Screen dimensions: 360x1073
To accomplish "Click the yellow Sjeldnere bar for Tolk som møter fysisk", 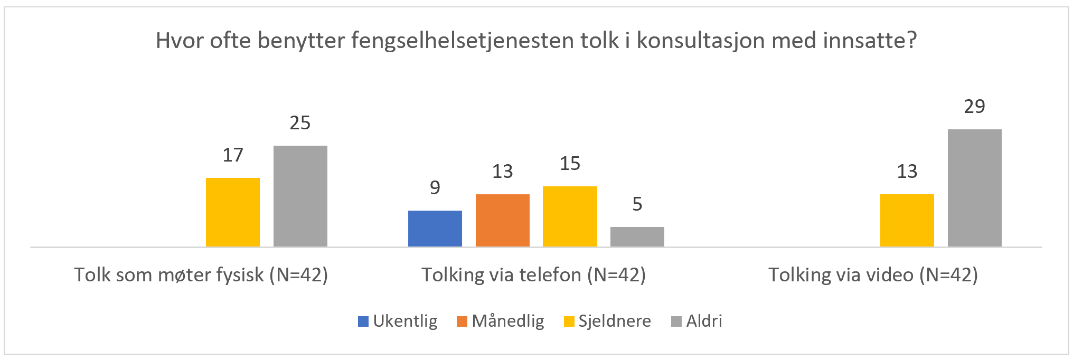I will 233,212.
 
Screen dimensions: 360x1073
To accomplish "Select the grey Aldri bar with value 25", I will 300,196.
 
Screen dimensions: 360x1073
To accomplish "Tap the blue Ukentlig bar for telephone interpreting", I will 435,229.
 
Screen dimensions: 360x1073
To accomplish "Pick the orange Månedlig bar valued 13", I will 502,220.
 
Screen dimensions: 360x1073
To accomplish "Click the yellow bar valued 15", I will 570,216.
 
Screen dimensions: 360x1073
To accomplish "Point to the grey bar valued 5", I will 637,236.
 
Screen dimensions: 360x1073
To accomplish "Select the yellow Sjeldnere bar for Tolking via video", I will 907,220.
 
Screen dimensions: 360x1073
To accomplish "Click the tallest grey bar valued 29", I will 974,188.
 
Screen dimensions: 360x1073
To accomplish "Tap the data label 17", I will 233,155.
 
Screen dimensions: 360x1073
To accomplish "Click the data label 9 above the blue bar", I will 435,188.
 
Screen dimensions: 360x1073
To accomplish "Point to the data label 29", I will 974,107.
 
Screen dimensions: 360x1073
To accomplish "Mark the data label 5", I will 637,204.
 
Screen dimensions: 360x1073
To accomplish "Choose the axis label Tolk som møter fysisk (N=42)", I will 201,275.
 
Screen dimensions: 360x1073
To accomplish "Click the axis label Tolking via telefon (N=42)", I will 533,275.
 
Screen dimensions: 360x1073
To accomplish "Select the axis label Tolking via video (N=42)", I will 873,275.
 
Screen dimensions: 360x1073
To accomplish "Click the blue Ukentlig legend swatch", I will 363,321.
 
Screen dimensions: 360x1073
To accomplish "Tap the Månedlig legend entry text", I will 508,321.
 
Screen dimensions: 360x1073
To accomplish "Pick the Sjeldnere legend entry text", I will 615,321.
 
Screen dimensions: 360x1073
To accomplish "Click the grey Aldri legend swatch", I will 676,321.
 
